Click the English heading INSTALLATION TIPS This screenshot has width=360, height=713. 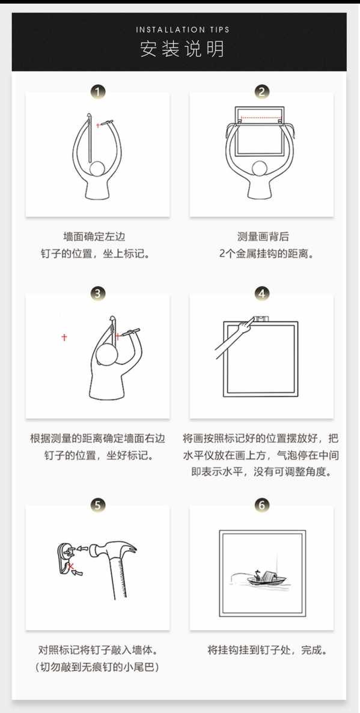(183, 30)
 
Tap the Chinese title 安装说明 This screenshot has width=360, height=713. (183, 49)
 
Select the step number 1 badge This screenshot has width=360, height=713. (97, 92)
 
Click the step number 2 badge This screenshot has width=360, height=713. (261, 92)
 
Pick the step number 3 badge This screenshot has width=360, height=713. (97, 293)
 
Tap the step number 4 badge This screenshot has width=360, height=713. (261, 293)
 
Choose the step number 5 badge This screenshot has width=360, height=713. (97, 505)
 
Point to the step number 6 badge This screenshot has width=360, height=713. (261, 505)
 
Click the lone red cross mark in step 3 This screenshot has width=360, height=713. (64, 338)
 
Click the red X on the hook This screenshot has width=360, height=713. (71, 566)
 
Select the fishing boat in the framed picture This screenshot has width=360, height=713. (266, 579)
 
